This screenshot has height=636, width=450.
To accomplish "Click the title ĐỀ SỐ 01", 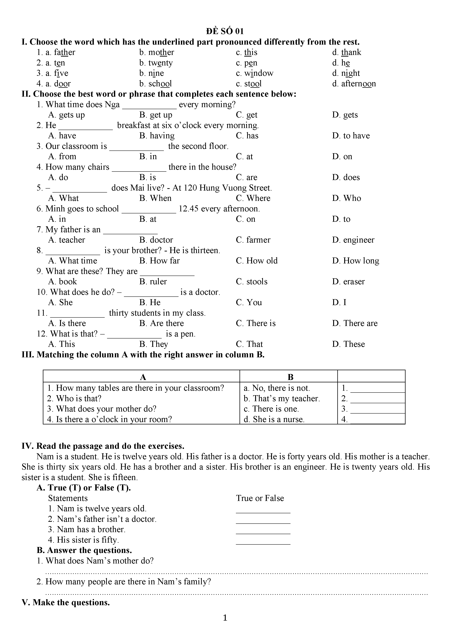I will (225, 31).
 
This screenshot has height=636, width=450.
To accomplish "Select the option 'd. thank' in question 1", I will (347, 52).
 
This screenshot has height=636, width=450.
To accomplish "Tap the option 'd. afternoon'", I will (354, 84).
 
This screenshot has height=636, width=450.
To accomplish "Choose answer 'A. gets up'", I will (67, 115).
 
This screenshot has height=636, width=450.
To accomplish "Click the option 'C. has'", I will (247, 136).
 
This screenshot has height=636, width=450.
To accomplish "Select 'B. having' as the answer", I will (157, 136).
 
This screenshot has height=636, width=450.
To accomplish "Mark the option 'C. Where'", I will (253, 198).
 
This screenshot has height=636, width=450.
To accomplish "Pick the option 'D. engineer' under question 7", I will (353, 240).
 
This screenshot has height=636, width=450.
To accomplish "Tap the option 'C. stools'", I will (251, 282).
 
